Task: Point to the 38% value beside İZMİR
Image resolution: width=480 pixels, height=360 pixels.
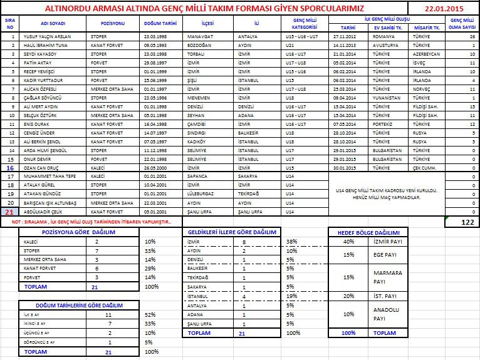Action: pos(292,241)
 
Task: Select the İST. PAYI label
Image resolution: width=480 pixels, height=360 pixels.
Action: pos(384,296)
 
